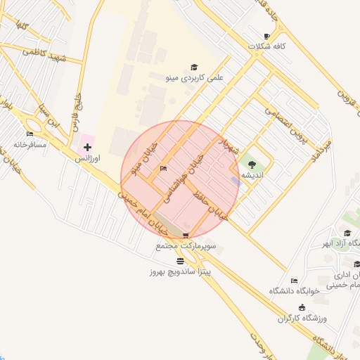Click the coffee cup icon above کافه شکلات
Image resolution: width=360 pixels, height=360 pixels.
click(x=266, y=36)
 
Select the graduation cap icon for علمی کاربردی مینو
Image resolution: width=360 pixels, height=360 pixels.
click(x=193, y=67)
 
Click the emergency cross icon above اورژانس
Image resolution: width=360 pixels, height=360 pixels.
click(x=87, y=147)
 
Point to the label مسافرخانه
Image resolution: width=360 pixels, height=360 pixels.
click(x=30, y=145)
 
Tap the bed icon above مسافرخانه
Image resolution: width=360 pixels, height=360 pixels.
click(x=30, y=134)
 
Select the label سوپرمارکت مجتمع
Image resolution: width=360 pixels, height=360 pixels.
click(x=186, y=247)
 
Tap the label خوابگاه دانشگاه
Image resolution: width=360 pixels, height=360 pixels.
click(x=295, y=290)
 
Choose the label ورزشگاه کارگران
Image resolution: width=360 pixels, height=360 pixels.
click(x=303, y=319)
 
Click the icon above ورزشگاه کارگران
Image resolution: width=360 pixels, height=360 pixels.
click(x=302, y=307)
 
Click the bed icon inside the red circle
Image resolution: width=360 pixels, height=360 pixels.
click(x=164, y=169)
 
